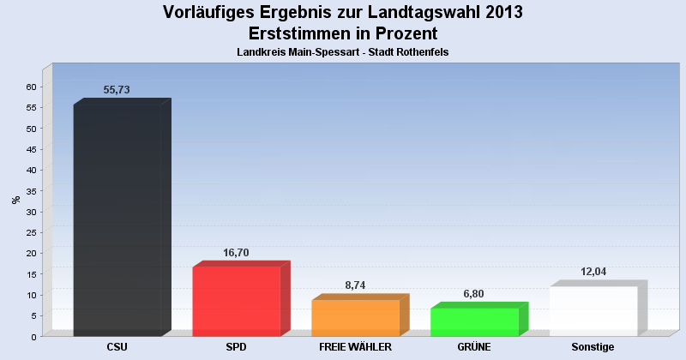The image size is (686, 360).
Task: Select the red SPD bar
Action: tap(237, 301)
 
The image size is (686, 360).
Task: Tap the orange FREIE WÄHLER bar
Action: tap(355, 318)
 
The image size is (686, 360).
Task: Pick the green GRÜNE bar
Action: tap(474, 321)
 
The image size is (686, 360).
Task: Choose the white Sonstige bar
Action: tap(593, 311)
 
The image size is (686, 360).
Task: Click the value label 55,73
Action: tap(117, 90)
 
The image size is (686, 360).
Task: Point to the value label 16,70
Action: tap(236, 253)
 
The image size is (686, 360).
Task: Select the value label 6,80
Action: tap(474, 294)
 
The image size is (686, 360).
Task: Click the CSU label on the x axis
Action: tap(117, 347)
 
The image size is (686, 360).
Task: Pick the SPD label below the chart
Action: tap(236, 347)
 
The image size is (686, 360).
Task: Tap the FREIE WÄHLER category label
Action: tap(355, 347)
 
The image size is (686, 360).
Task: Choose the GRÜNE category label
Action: tap(474, 347)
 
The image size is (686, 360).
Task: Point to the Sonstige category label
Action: tap(593, 347)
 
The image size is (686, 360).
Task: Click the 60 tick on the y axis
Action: tap(31, 87)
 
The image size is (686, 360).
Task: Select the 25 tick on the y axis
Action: tap(31, 232)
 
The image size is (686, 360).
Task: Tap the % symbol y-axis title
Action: tap(15, 200)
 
